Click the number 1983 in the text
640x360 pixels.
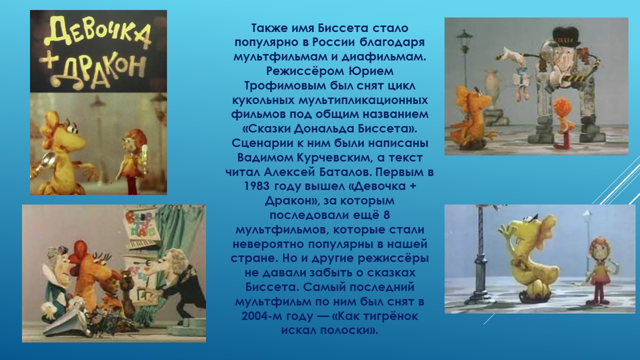coord(256,186)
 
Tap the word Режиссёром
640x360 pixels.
coord(305,71)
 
